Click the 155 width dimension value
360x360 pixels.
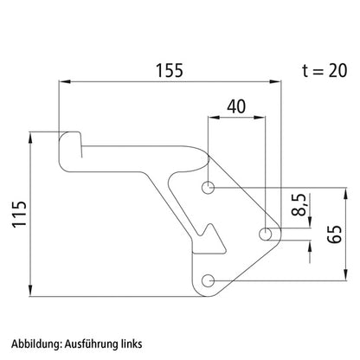click(x=170, y=71)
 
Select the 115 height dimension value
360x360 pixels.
click(x=19, y=214)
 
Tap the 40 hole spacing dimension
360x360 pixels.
click(x=236, y=106)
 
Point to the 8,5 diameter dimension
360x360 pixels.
click(x=299, y=205)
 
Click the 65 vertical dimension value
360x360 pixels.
click(x=335, y=235)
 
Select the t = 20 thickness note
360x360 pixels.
click(x=325, y=71)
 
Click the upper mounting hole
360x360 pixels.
click(x=208, y=188)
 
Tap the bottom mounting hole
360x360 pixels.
click(x=208, y=280)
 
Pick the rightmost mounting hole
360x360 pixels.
click(x=265, y=234)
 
